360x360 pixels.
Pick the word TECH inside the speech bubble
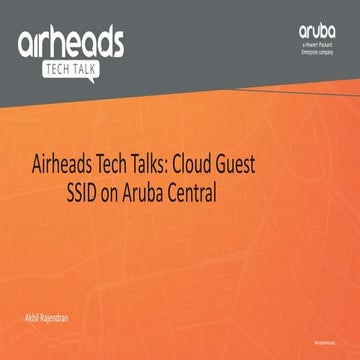[x=58, y=70]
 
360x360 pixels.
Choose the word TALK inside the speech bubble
[x=88, y=70]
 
